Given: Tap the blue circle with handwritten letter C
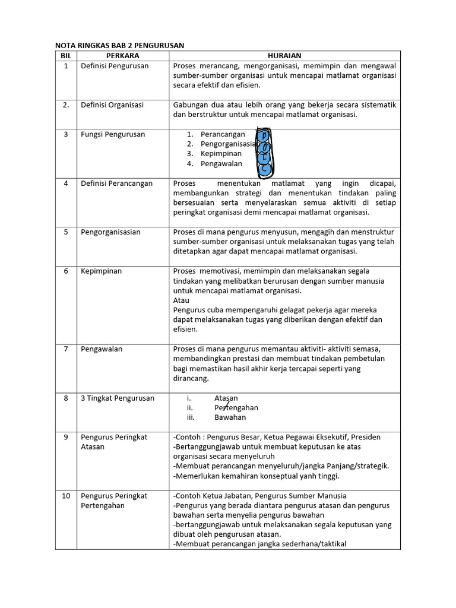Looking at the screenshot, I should tap(265, 170).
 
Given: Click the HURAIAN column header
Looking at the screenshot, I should tap(284, 55).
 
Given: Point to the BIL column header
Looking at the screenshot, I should tap(65, 55).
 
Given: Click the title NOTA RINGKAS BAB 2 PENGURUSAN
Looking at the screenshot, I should tap(119, 45).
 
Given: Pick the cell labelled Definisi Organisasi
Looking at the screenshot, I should tap(112, 105).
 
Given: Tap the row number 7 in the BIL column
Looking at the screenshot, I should tap(66, 349).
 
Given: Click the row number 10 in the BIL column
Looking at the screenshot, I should tap(66, 496).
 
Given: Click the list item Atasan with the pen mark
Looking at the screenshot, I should tap(226, 398).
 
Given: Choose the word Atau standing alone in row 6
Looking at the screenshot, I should tap(181, 300).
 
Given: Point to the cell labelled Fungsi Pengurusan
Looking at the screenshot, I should tap(113, 135).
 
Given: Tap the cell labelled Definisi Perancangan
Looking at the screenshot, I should tap(116, 183).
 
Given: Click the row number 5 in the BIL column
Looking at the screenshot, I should tap(66, 232).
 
